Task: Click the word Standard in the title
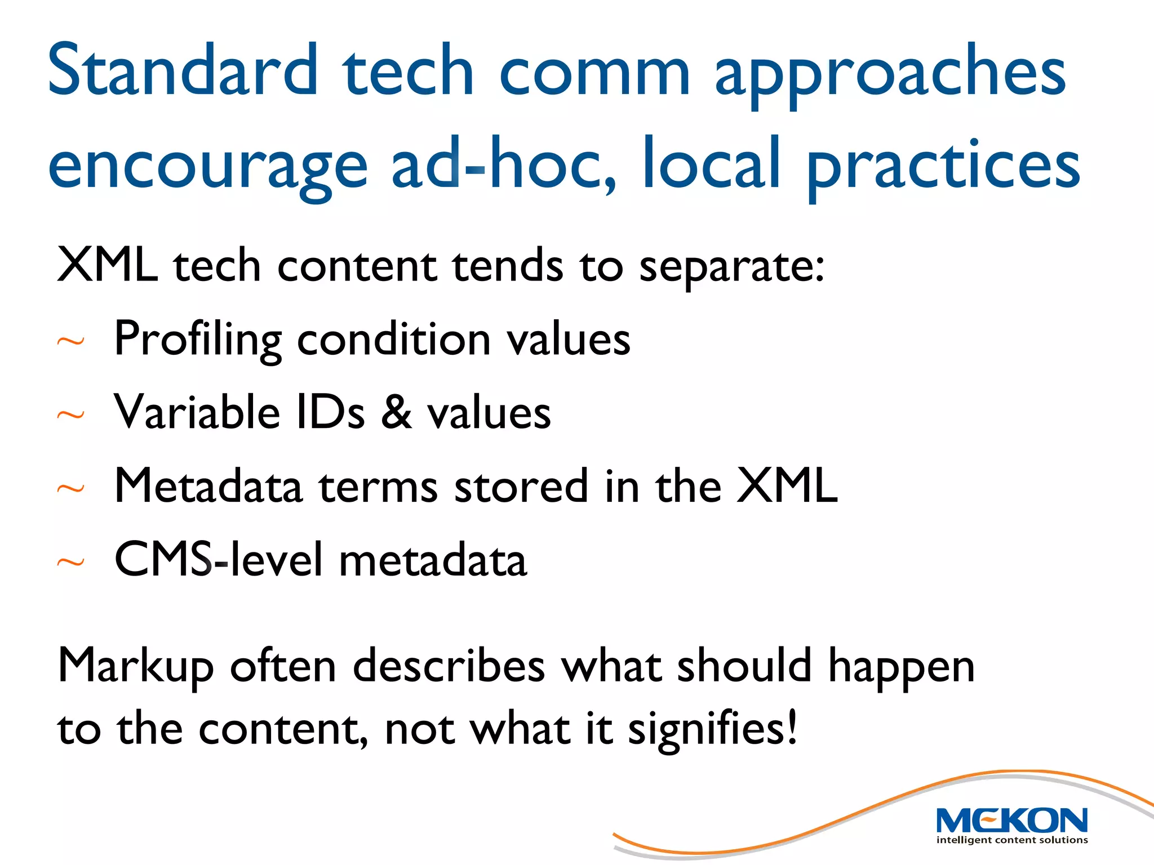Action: [183, 70]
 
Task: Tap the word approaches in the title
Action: [890, 76]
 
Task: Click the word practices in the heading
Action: [944, 166]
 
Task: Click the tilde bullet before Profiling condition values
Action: [71, 341]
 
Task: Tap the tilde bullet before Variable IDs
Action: [71, 415]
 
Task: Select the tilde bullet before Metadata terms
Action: [71, 488]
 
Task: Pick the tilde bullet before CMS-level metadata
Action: [71, 562]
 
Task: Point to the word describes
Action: [449, 666]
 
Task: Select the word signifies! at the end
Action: [712, 730]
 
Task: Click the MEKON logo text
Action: [1011, 821]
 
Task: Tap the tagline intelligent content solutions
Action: [1011, 840]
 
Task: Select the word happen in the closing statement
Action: [901, 668]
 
